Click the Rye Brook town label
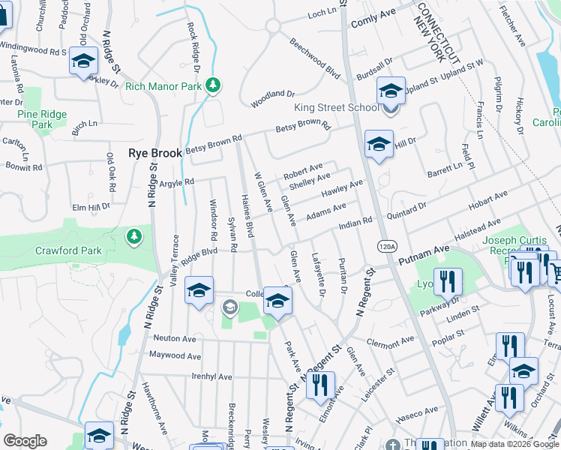155,152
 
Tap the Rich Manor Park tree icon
214,85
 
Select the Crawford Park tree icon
134,237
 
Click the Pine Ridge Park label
42,120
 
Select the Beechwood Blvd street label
314,57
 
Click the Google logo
25,441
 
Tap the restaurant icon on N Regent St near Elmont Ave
320,384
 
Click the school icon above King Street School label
391,91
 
